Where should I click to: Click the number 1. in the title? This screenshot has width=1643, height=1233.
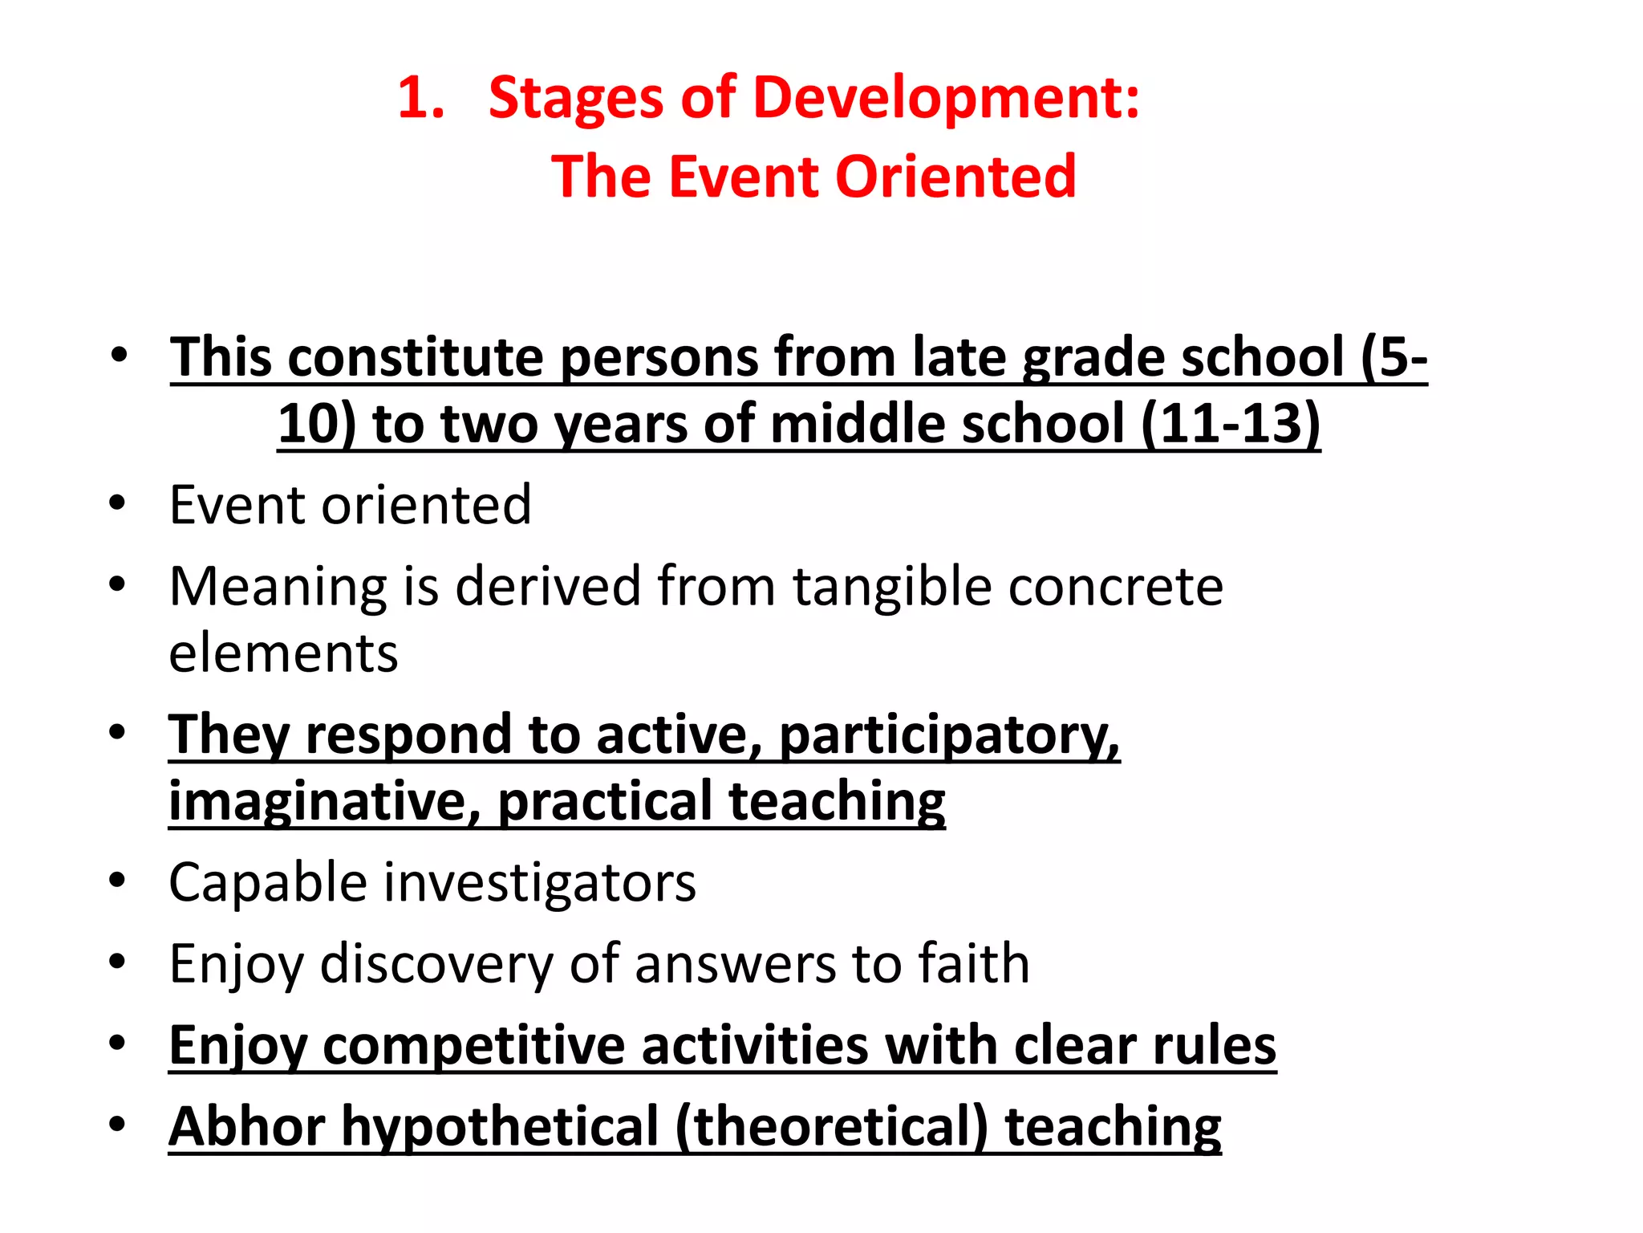point(420,99)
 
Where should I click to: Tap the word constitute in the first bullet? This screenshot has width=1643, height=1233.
point(415,357)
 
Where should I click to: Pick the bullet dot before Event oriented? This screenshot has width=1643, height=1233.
point(118,503)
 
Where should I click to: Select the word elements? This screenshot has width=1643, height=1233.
point(283,653)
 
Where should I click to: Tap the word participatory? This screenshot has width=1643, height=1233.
point(949,735)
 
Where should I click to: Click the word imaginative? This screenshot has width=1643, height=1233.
point(324,802)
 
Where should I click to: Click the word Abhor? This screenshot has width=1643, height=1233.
point(246,1126)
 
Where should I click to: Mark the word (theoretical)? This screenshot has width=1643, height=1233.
point(831,1126)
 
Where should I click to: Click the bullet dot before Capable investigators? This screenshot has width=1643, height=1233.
point(118,881)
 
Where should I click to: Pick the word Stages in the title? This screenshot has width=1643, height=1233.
point(576,99)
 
